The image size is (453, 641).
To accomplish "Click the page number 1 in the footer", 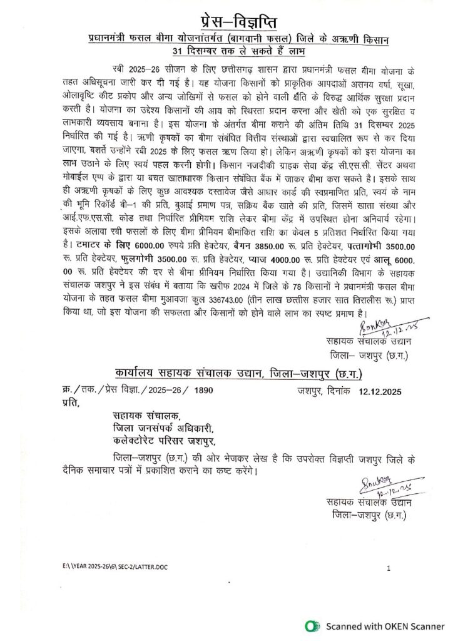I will [x=389, y=568].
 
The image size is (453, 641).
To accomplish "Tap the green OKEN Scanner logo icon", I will [x=310, y=625].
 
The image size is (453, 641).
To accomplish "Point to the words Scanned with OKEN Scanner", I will [x=379, y=625].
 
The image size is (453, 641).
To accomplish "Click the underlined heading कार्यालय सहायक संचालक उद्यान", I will [x=188, y=374].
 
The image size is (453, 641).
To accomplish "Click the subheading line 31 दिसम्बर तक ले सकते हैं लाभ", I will [x=226, y=51].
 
